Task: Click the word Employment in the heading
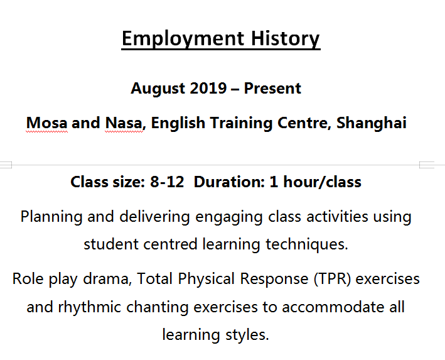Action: click(x=183, y=39)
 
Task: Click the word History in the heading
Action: click(x=286, y=39)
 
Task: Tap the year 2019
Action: click(x=208, y=88)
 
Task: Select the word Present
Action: click(x=272, y=88)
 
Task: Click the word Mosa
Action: click(x=47, y=123)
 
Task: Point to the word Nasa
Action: click(x=125, y=123)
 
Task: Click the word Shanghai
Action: click(x=372, y=123)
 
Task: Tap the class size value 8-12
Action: click(x=167, y=182)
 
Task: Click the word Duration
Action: click(x=229, y=182)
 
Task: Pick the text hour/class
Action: click(x=323, y=182)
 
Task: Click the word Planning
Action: click(x=51, y=217)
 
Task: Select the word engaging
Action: click(x=228, y=217)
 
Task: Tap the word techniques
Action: click(x=307, y=244)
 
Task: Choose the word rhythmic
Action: click(x=89, y=307)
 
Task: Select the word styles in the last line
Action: click(x=247, y=335)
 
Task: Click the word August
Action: click(x=157, y=88)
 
